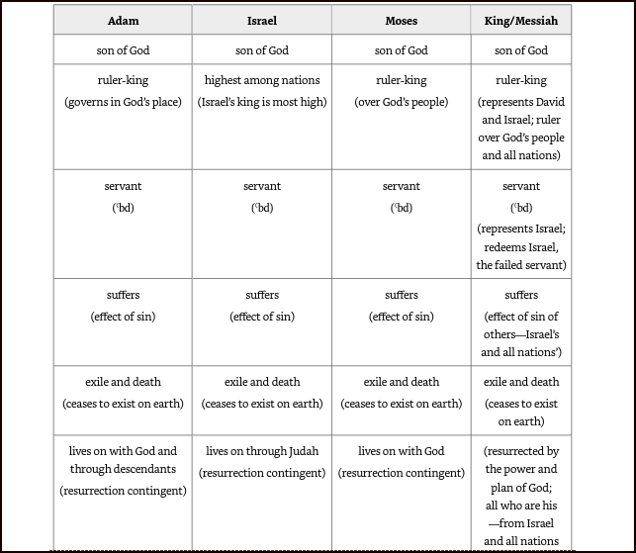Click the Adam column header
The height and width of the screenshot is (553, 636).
[123, 20]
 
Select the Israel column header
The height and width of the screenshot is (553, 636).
[262, 20]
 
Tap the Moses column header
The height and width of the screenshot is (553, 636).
[401, 20]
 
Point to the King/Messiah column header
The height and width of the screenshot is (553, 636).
[521, 20]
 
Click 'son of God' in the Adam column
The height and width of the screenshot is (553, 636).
[123, 50]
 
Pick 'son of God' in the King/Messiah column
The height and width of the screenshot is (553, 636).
[521, 50]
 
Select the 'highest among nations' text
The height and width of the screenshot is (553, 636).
[262, 80]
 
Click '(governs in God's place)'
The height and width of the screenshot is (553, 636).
[123, 102]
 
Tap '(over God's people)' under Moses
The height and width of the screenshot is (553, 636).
[401, 102]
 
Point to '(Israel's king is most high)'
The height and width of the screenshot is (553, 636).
[262, 102]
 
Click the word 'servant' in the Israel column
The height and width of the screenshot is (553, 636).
[262, 186]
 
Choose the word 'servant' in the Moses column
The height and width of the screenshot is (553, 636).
[401, 186]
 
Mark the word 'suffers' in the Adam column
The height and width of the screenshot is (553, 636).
[123, 295]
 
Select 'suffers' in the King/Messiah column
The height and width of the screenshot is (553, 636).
[521, 295]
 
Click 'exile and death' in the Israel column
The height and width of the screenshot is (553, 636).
[262, 382]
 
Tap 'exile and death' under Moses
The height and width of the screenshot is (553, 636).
[401, 382]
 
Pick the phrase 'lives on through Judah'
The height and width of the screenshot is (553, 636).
[262, 451]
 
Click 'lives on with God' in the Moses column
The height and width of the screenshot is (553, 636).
[401, 451]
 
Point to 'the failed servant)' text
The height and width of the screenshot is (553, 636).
[521, 265]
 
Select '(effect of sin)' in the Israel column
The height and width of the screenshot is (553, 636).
[262, 317]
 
